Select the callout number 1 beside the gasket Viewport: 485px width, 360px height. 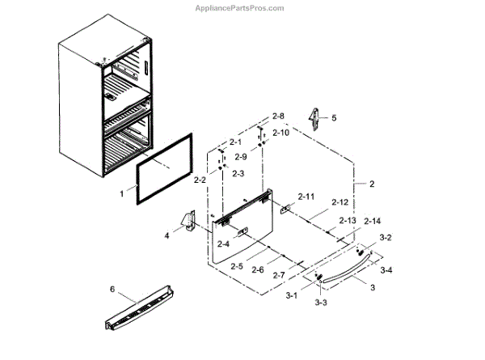122,194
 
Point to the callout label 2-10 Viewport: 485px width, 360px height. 280,132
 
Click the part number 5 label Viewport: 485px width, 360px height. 334,117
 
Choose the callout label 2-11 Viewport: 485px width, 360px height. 306,197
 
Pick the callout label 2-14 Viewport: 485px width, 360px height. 373,221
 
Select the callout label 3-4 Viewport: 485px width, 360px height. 386,269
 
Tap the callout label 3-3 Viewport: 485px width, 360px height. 320,302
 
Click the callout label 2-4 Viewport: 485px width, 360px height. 221,244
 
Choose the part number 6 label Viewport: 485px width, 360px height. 113,288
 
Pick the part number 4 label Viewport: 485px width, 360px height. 167,235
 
